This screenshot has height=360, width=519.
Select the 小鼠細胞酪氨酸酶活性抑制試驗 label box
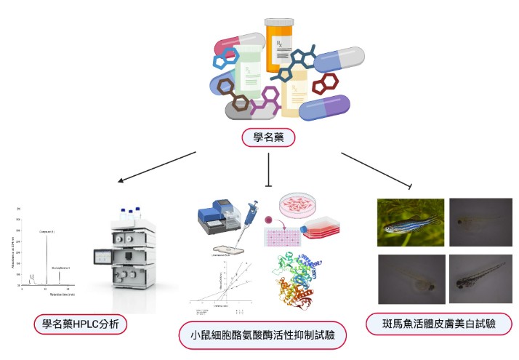pyautogui.click(x=262, y=335)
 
